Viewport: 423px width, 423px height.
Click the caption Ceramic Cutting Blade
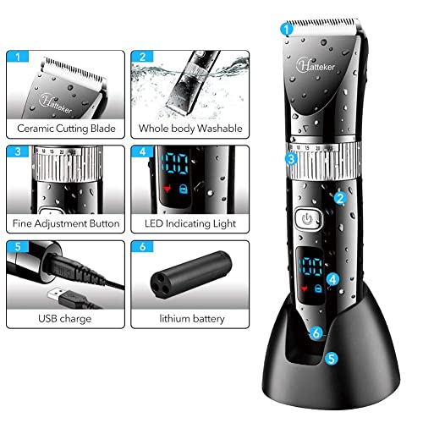[x=65, y=129]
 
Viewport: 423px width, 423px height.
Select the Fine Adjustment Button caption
[x=65, y=224]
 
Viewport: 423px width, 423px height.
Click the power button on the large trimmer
[x=306, y=219]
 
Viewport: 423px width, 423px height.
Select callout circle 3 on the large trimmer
[x=290, y=157]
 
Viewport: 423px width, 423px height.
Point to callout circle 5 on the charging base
[x=332, y=358]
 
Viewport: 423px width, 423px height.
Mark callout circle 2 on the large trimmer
[x=338, y=198]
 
